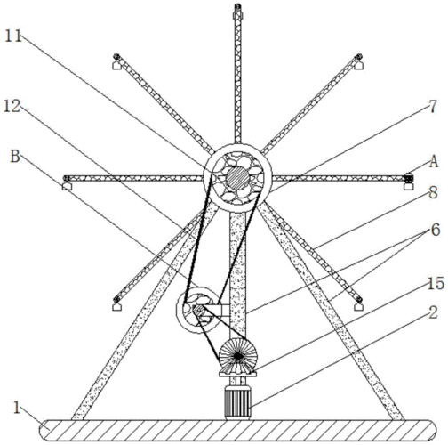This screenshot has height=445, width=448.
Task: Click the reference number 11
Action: pyautogui.click(x=13, y=36)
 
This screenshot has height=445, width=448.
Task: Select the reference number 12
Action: pyautogui.click(x=12, y=106)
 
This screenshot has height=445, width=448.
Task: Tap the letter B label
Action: pyautogui.click(x=15, y=156)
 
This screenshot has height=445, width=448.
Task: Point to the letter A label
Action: pyautogui.click(x=434, y=162)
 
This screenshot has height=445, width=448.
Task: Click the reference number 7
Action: pyautogui.click(x=433, y=107)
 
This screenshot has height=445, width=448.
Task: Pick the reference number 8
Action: pyautogui.click(x=433, y=193)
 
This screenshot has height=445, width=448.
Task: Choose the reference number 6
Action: pyautogui.click(x=436, y=230)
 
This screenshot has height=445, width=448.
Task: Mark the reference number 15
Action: pyautogui.click(x=436, y=283)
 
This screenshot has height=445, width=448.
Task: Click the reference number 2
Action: pyautogui.click(x=433, y=312)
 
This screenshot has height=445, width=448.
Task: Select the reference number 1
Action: pyautogui.click(x=17, y=409)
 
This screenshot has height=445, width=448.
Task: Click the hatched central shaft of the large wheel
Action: pyautogui.click(x=237, y=178)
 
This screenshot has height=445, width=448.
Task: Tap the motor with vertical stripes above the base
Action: pyautogui.click(x=237, y=402)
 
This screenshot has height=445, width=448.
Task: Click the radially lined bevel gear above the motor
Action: pyautogui.click(x=238, y=356)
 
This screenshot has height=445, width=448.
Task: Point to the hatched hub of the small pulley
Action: pyautogui.click(x=198, y=311)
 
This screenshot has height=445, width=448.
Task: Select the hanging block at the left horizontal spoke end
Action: pyautogui.click(x=67, y=186)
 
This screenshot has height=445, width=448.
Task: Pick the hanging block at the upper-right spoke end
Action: pyautogui.click(x=359, y=66)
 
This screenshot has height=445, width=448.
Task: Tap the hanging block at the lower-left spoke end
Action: pyautogui.click(x=116, y=306)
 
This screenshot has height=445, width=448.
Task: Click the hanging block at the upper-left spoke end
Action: pyautogui.click(x=116, y=66)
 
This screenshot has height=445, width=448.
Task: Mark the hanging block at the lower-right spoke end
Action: pyautogui.click(x=359, y=306)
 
